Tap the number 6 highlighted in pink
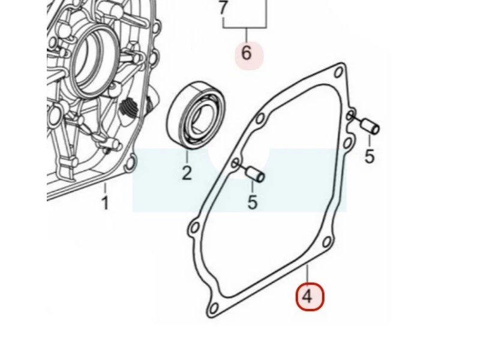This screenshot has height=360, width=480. (247, 53)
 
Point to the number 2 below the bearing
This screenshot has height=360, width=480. (187, 173)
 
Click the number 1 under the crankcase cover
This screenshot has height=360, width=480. (105, 203)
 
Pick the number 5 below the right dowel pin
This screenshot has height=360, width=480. (370, 156)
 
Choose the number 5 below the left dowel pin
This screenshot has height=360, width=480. (252, 202)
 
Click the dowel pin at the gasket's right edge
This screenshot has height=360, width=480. (370, 126)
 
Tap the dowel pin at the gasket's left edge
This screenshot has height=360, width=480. (256, 175)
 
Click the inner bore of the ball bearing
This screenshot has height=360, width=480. (202, 116)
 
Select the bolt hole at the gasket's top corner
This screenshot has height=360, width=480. (338, 72)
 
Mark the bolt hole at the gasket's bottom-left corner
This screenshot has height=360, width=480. (214, 308)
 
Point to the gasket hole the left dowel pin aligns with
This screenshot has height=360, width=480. (235, 163)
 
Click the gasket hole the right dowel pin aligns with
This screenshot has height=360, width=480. (350, 116)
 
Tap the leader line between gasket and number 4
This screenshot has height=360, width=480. (307, 275)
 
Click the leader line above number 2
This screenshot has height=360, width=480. (187, 157)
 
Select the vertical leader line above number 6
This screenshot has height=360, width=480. (247, 35)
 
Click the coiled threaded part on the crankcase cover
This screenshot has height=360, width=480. (128, 109)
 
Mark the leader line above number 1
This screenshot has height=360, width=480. (105, 188)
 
